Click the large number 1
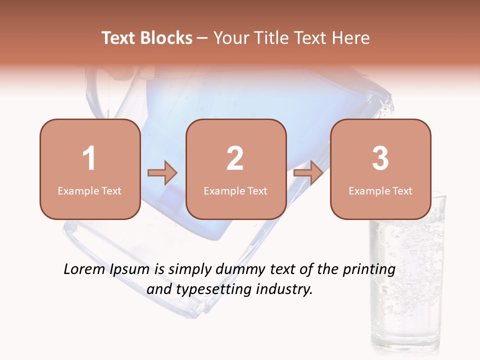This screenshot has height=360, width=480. [x=89, y=158]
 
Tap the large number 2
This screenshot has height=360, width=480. [x=235, y=158]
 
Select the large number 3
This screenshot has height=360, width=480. [x=380, y=158]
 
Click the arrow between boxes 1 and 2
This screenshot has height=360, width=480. [x=162, y=173]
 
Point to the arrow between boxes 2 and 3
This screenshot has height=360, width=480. [x=308, y=173]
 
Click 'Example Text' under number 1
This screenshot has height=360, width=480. [x=89, y=190]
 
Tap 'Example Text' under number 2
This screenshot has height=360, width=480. [x=235, y=190]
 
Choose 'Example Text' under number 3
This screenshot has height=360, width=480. [x=380, y=190]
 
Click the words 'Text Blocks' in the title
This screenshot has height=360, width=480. [x=147, y=38]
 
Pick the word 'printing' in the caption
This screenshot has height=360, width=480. [x=369, y=270]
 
